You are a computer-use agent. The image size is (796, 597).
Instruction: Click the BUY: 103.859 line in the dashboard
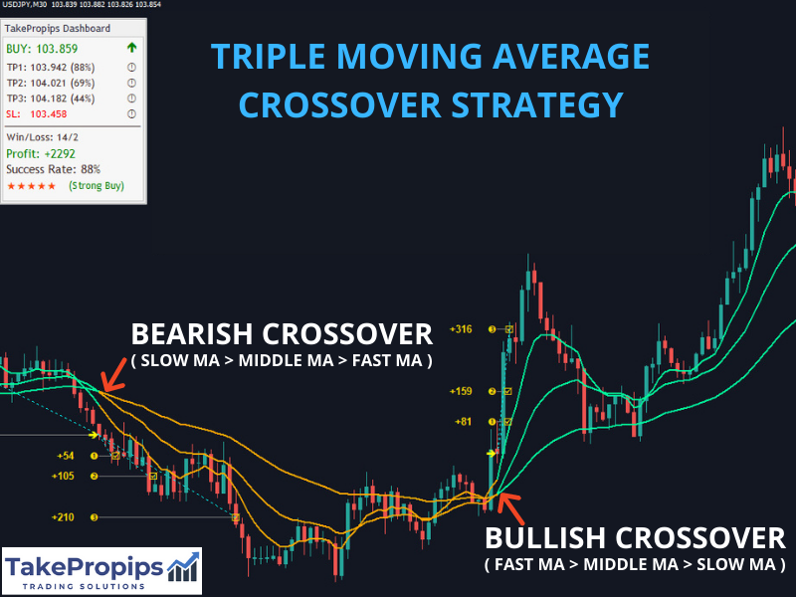[42, 49]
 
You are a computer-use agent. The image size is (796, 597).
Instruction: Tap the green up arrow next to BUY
[132, 48]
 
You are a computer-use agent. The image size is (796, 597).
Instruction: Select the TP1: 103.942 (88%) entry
[51, 68]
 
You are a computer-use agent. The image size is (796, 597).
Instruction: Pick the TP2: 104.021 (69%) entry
[51, 84]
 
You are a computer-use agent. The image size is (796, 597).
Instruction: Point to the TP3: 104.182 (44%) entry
[51, 99]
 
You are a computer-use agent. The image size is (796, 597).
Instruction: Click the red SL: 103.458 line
[37, 113]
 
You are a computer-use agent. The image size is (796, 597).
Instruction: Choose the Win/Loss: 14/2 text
[42, 137]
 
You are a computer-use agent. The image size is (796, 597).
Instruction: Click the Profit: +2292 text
[41, 153]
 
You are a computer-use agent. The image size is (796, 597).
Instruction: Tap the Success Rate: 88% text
[54, 169]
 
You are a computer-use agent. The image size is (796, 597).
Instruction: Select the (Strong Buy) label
[97, 186]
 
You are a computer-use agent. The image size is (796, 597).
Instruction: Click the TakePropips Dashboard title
[58, 29]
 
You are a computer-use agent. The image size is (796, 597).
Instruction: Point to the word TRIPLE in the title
[268, 56]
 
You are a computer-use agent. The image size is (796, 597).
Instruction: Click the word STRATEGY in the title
[537, 105]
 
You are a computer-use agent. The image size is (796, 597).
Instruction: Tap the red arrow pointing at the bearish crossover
[113, 375]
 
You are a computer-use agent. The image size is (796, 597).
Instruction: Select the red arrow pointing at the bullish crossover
[510, 508]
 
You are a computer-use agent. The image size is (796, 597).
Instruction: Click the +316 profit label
[461, 329]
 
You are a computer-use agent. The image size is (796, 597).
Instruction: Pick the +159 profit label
[461, 391]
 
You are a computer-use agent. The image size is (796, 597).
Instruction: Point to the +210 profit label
[63, 517]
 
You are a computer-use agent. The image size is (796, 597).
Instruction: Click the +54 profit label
[66, 456]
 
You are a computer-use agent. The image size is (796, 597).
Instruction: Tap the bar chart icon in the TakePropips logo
[183, 567]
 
